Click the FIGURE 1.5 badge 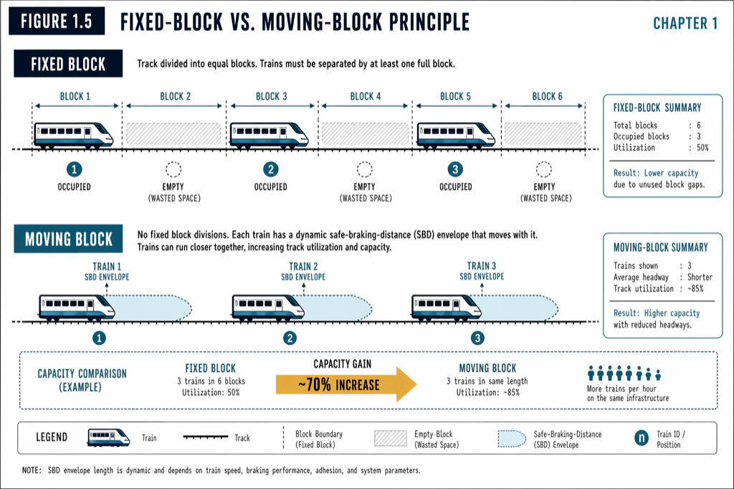tap(57, 22)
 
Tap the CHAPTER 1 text tap(685, 23)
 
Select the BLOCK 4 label tap(365, 97)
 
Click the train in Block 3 tap(269, 134)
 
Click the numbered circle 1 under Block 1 tap(75, 170)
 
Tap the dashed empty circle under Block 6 tap(545, 170)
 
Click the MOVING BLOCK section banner tap(69, 239)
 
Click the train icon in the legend tap(108, 437)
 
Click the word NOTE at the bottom tap(32, 471)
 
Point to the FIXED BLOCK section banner tap(68, 65)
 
